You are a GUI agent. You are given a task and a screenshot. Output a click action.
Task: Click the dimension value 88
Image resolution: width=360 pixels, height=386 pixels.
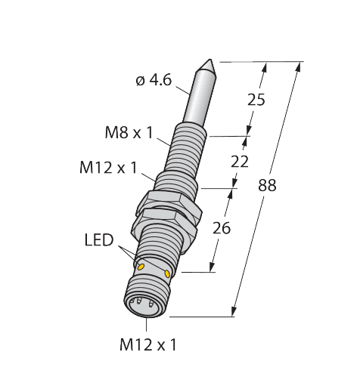[x=267, y=186]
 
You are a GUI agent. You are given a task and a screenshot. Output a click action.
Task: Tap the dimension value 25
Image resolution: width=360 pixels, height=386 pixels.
[x=256, y=99]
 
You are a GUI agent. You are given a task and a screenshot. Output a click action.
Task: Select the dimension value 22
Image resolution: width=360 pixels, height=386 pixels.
[x=240, y=161]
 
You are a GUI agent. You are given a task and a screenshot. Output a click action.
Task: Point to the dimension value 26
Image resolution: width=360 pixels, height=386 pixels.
[x=221, y=226]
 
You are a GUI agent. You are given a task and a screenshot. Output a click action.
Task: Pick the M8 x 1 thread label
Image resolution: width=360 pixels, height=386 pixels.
[x=129, y=134]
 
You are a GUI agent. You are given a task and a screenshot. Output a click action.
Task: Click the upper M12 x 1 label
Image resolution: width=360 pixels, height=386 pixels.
[x=108, y=167]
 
